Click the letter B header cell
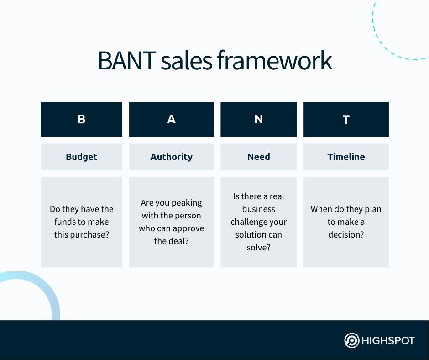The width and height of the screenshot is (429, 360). (x=81, y=119)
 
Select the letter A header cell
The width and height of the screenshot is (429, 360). (x=171, y=119)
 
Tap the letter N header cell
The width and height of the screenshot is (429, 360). (x=258, y=119)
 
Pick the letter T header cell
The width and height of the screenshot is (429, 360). (x=346, y=119)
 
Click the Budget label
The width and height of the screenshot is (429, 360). (x=81, y=157)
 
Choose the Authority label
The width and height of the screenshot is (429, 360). (x=171, y=157)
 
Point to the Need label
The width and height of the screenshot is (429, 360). (x=258, y=157)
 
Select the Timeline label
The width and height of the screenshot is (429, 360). (x=346, y=157)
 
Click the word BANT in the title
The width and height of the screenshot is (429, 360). (x=126, y=61)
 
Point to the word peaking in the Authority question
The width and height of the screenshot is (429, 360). (x=187, y=203)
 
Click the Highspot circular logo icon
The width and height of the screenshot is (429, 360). (x=351, y=341)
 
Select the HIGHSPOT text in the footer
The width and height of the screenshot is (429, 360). (x=387, y=341)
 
